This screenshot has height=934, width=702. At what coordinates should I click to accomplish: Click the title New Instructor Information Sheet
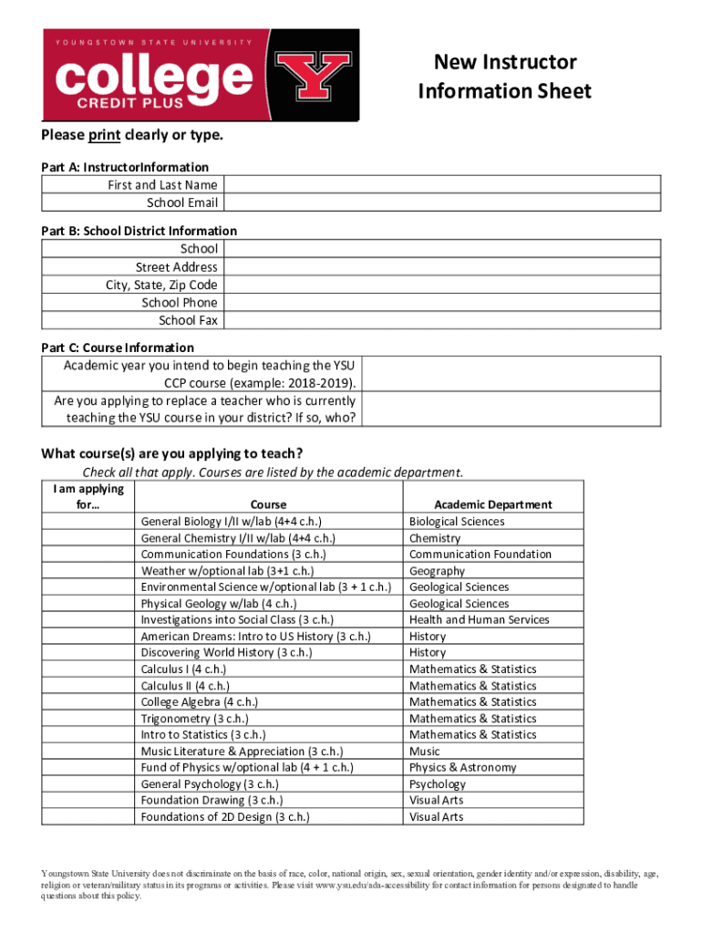pos(504,77)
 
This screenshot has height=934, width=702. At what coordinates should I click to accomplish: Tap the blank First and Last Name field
pos(441,185)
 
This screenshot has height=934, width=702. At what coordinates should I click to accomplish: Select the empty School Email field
pos(441,202)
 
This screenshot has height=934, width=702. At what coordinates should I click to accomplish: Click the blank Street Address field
pos(441,267)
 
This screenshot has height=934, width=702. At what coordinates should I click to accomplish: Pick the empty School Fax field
pos(441,320)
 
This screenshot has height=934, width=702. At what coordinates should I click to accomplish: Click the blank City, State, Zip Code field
pos(441,285)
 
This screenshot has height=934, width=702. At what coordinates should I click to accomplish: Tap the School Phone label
pos(180,303)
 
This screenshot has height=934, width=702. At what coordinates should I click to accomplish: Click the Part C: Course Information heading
pos(118,348)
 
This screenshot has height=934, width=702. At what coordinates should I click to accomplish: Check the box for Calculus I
pos(88,669)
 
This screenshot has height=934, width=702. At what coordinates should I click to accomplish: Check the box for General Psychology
pos(88,784)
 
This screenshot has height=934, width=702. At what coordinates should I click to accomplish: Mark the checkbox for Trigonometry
pos(88,719)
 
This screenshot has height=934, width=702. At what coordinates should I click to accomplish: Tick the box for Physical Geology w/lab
pos(88,604)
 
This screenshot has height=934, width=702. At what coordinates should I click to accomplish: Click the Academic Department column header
pos(492,504)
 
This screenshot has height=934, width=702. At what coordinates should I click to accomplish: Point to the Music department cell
pos(424,752)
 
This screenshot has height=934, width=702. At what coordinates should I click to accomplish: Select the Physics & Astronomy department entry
pos(462,768)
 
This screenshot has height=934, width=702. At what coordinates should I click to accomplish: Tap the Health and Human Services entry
pos(479,620)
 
